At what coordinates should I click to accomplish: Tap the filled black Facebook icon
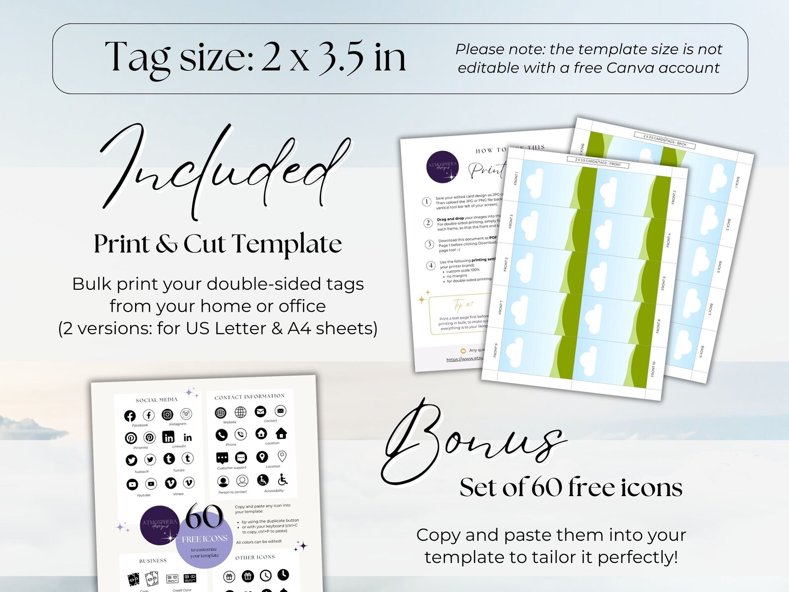pyautogui.click(x=130, y=416)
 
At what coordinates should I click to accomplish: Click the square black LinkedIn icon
pyautogui.click(x=168, y=437)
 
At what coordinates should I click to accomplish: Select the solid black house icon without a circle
pyautogui.click(x=281, y=433)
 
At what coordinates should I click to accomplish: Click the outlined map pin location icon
pyautogui.click(x=282, y=456)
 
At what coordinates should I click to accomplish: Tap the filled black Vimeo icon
pyautogui.click(x=170, y=483)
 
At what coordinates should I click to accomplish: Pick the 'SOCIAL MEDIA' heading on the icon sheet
pyautogui.click(x=157, y=400)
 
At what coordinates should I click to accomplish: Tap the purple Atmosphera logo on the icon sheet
pyautogui.click(x=159, y=524)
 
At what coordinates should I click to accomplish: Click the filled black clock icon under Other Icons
pyautogui.click(x=283, y=575)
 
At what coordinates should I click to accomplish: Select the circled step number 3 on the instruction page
pyautogui.click(x=429, y=244)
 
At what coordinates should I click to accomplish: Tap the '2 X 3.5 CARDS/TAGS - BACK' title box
pyautogui.click(x=664, y=140)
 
